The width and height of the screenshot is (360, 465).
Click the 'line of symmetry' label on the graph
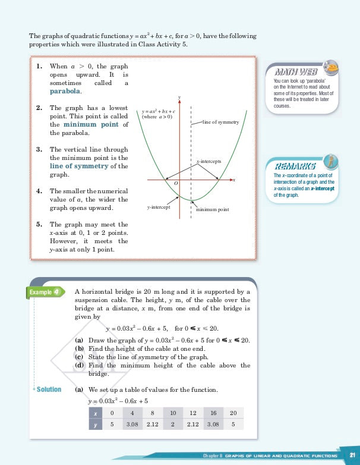click(220, 122)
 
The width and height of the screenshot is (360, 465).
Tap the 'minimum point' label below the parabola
click(212, 209)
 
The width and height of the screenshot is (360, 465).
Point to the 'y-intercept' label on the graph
click(159, 208)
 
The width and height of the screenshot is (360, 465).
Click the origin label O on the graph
click(176, 184)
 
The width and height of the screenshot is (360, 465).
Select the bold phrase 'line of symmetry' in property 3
click(79, 166)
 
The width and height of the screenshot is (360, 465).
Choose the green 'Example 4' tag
click(45, 292)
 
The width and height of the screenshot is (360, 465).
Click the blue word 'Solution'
click(49, 389)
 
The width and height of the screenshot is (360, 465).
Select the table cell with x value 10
click(173, 413)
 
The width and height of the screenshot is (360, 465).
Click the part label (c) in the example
click(79, 357)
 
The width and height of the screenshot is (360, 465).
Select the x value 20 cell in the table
click(232, 413)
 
